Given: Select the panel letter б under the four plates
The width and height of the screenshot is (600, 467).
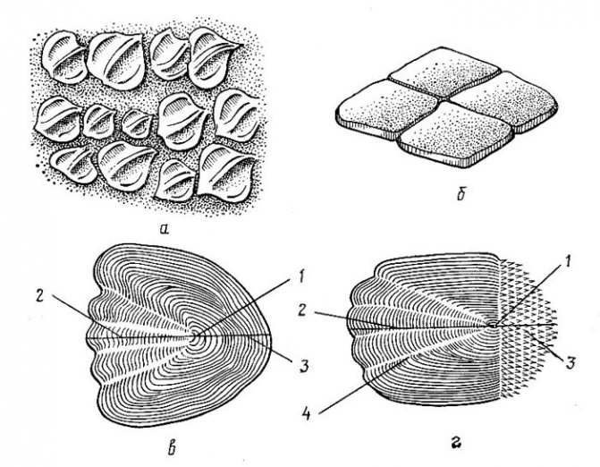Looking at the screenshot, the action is pos(461,194).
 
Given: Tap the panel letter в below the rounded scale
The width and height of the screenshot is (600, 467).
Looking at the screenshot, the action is pos(173,448).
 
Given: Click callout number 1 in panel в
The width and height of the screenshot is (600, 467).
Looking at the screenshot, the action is pos(300,276).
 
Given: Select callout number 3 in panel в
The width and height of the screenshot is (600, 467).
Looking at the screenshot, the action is pos(303,366).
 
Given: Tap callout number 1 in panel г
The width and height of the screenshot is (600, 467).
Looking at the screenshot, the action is pos(568,261).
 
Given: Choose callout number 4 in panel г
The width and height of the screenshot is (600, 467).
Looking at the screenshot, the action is pos(307,414).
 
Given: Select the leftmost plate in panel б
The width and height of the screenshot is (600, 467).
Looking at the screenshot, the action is pos(386,108).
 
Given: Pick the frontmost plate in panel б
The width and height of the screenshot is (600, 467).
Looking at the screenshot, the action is pos(455,134).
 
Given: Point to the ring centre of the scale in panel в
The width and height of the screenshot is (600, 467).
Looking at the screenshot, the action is pos(196,337).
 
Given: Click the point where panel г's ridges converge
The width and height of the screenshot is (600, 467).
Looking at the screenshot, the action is pos(492,326).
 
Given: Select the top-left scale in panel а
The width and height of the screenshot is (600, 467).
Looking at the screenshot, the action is pos(63,57).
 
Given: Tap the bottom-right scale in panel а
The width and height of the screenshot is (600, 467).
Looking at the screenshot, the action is pos(226,173).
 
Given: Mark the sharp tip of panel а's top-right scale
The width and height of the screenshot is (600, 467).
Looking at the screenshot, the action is pos(241,46).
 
